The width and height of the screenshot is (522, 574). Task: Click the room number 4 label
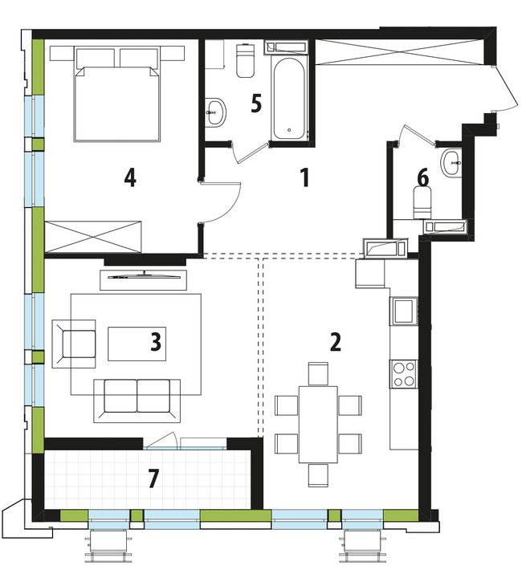(x=130, y=179)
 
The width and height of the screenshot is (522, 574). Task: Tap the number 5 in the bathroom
(x=256, y=104)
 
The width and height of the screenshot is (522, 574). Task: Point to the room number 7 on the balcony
(x=154, y=478)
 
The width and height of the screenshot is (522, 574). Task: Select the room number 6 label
(x=422, y=178)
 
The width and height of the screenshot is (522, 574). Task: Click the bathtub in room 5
(x=289, y=99)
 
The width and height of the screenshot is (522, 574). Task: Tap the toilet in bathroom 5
(x=246, y=61)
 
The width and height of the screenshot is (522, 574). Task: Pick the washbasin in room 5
(x=215, y=112)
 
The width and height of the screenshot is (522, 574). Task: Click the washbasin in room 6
(x=451, y=163)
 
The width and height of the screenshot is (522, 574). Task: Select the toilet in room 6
(x=422, y=203)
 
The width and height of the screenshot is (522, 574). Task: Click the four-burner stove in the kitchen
(x=404, y=374)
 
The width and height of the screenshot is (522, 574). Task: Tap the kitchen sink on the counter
(x=404, y=311)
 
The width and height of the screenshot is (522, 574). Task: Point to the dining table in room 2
(x=318, y=424)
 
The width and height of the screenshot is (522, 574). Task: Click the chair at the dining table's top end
(x=318, y=374)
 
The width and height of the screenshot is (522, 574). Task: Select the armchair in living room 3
(x=74, y=344)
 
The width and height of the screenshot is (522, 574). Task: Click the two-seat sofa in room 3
(x=137, y=401)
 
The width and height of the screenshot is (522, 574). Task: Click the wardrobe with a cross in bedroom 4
(x=92, y=237)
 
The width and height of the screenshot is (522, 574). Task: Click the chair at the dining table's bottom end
(x=318, y=475)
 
